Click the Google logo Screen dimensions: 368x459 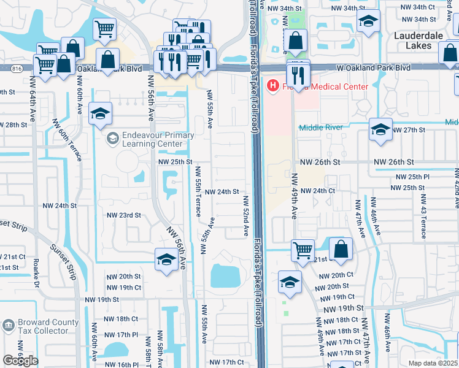click(20, 361)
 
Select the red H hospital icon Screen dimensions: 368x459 click(272, 86)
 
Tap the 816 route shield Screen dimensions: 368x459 click(13, 68)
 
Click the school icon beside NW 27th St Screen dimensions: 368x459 click(380, 130)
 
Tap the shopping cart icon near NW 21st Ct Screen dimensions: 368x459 click(303, 250)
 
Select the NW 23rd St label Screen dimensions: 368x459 click(124, 215)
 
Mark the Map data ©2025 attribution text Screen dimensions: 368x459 click(433, 363)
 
